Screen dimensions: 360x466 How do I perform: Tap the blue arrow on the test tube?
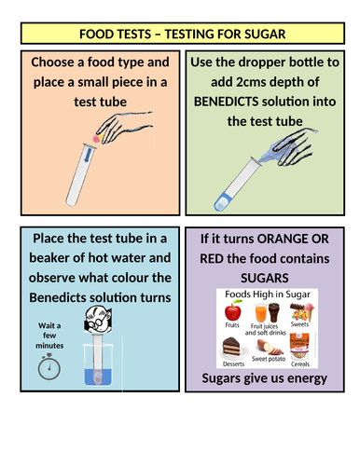[89, 154]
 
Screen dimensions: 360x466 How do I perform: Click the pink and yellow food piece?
[97, 138]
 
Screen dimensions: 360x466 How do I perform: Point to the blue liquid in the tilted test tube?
[222, 201]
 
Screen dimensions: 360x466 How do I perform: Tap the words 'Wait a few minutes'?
[49, 336]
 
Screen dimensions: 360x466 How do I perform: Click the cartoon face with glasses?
[98, 320]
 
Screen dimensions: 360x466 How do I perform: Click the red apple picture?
[233, 310]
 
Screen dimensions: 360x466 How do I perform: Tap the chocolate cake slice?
[231, 347]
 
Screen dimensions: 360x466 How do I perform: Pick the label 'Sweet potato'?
[269, 359]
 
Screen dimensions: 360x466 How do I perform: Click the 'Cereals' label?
[300, 364]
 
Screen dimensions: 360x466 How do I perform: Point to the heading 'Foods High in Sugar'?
[268, 295]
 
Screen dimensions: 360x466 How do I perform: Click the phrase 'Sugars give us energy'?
[265, 378]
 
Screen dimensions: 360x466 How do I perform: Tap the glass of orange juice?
[261, 313]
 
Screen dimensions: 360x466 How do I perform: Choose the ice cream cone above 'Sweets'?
[309, 311]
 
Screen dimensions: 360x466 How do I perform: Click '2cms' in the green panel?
[251, 82]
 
